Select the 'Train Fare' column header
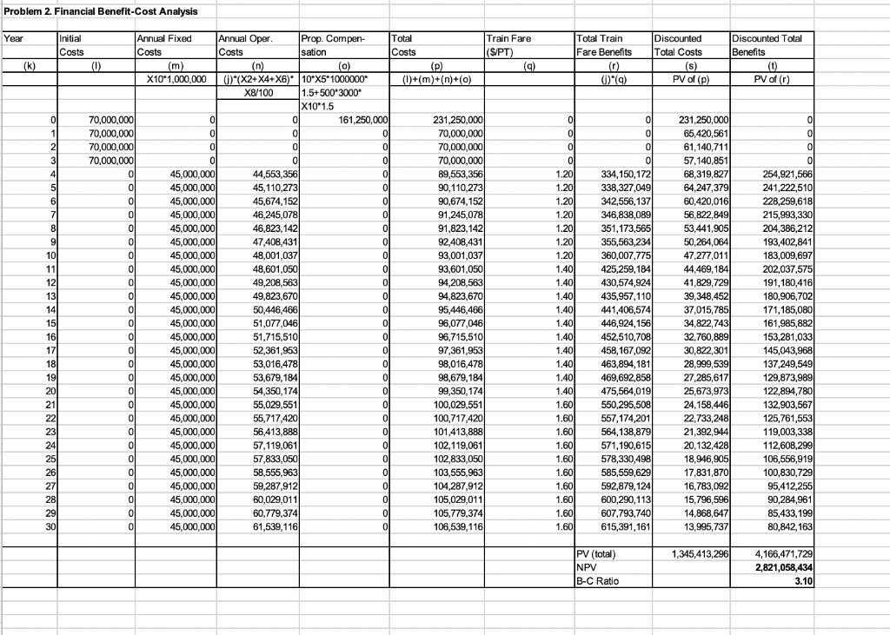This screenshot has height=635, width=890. point(508,38)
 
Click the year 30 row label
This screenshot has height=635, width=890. point(51,526)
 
